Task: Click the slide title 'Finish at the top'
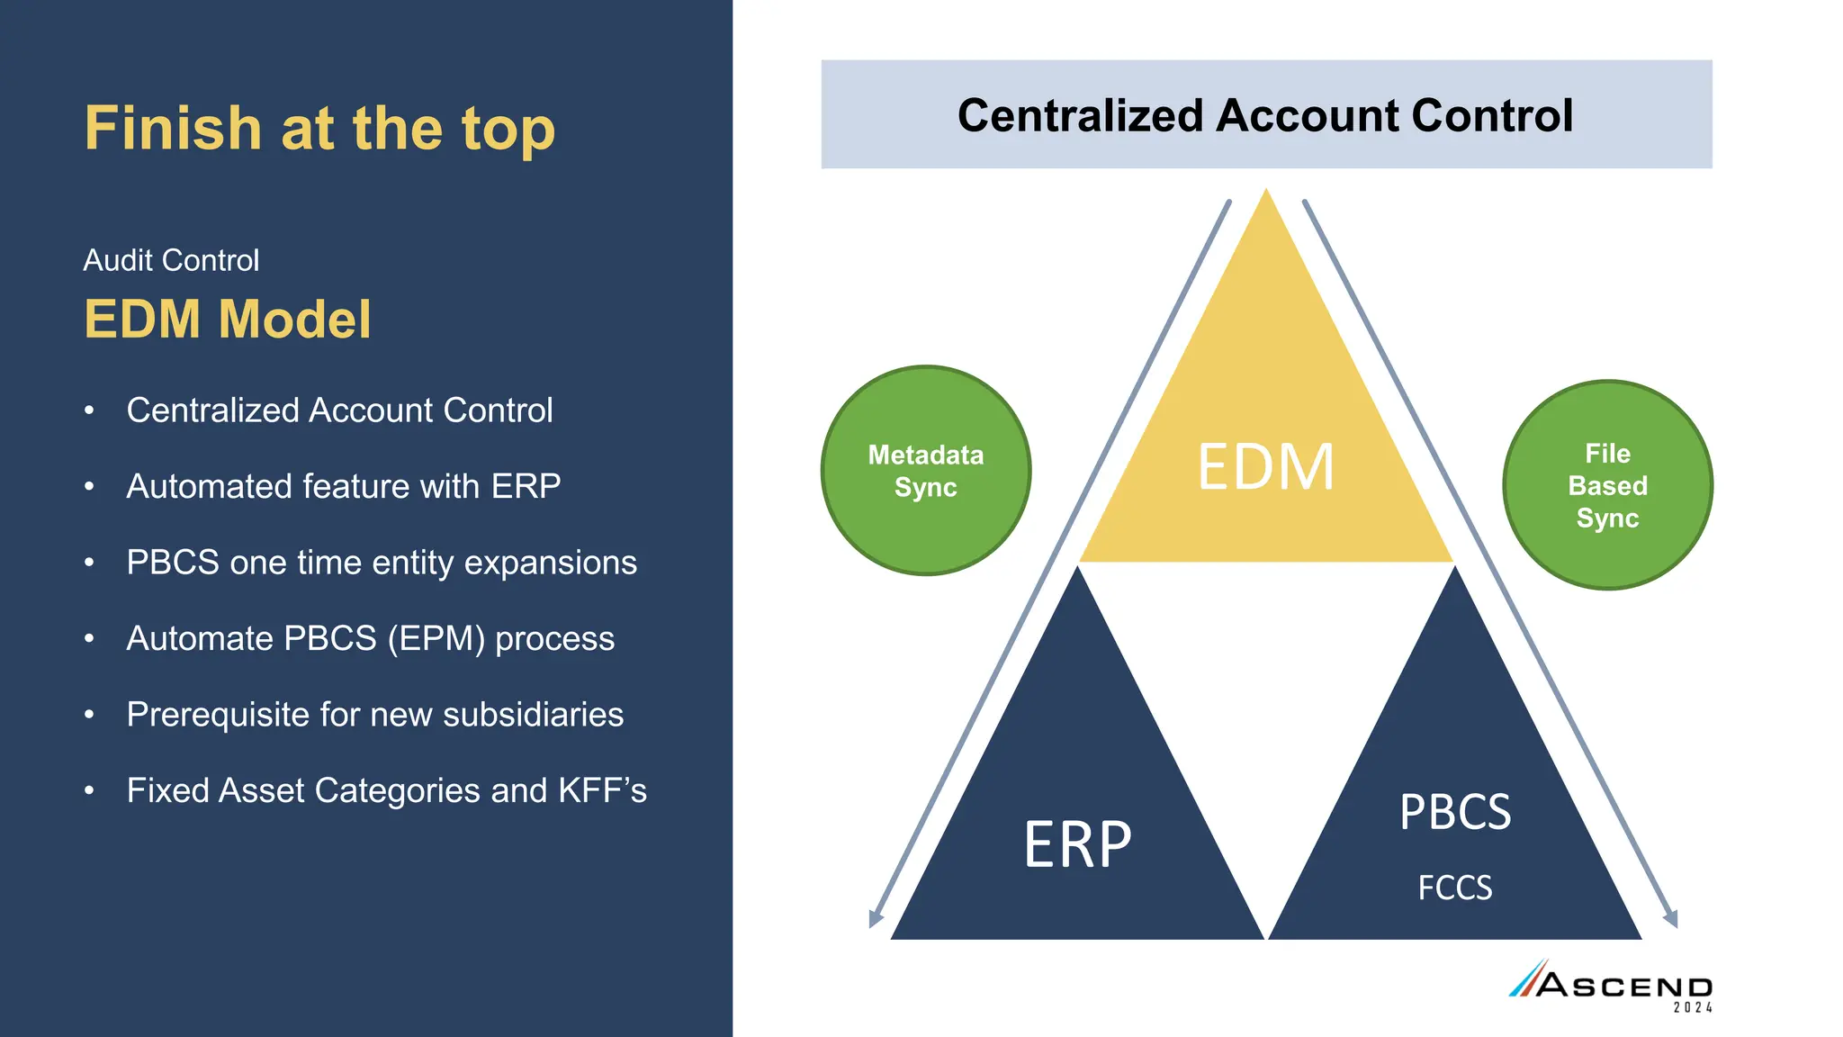point(319,128)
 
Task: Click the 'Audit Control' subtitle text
point(171,260)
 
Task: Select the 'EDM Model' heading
point(227,319)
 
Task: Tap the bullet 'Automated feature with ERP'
point(343,486)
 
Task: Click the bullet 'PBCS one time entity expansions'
point(382,563)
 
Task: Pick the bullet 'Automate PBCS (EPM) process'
point(370,638)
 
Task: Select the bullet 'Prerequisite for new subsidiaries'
point(374,715)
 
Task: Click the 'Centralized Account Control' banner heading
point(1264,115)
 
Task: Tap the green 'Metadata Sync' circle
point(925,471)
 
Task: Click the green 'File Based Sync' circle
point(1607,485)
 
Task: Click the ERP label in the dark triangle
point(1077,844)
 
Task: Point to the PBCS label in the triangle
point(1454,812)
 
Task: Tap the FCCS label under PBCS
point(1454,888)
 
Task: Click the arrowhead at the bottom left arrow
point(875,919)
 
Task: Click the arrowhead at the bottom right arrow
point(1671,919)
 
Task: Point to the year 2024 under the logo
point(1692,1008)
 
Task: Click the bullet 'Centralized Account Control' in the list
point(339,410)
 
